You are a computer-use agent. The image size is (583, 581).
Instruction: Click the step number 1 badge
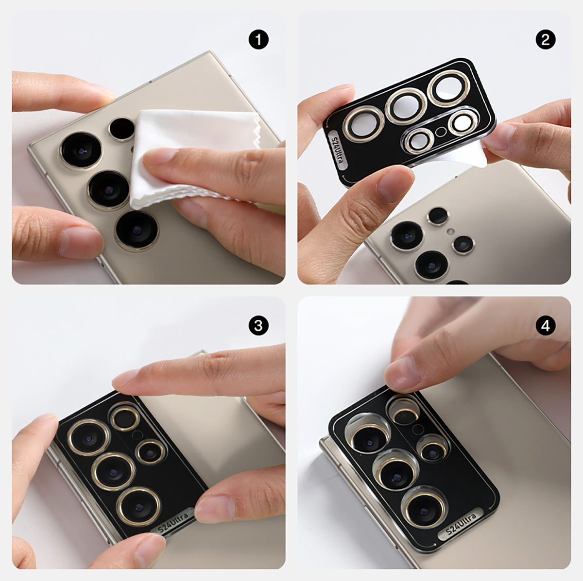tap(258, 40)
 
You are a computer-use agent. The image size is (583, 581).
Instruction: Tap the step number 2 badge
tap(546, 40)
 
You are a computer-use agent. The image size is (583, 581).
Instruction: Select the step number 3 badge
tap(258, 326)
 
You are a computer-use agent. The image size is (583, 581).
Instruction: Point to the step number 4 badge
tap(546, 326)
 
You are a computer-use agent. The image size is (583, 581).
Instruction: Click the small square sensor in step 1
tap(121, 130)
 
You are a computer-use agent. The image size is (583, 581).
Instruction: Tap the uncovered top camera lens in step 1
tap(81, 150)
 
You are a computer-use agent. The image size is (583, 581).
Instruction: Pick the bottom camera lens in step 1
tap(137, 231)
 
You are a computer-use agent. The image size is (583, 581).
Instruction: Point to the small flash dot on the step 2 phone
tap(450, 232)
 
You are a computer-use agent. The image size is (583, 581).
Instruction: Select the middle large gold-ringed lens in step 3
tap(113, 472)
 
